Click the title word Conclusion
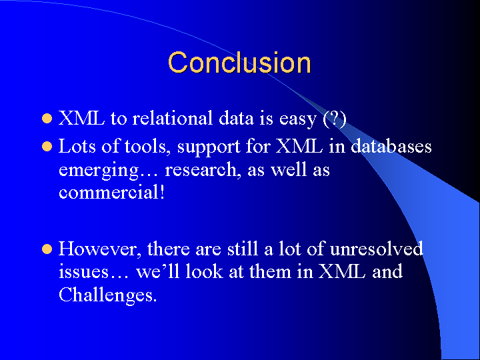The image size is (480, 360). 239,63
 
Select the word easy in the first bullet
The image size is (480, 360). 297,119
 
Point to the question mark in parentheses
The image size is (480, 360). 335,118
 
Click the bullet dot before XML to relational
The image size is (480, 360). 47,119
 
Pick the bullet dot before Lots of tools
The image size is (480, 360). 47,146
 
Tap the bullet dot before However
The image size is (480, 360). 47,249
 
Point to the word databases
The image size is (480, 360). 391,146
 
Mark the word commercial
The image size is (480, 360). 112,192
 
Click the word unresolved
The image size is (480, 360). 377,248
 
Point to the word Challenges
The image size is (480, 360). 107,295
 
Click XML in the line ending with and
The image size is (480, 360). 342,271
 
